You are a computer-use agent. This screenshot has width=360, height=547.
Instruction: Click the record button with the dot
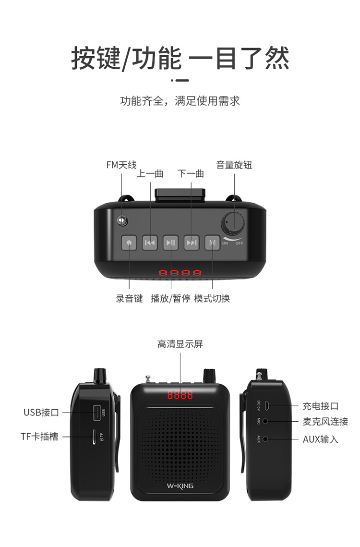point(129,243)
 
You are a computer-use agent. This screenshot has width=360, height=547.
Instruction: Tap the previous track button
point(150,243)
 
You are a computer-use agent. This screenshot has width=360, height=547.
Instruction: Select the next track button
point(192,243)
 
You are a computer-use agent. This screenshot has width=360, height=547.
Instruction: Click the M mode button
point(213,243)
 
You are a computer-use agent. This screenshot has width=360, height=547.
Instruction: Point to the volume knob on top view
point(232,222)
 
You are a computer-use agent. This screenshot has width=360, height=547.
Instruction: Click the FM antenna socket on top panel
point(122,220)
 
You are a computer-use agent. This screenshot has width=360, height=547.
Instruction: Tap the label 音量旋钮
point(234,165)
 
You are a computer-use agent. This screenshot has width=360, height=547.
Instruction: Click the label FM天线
point(121,165)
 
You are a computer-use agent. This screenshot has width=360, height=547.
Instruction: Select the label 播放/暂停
point(170,298)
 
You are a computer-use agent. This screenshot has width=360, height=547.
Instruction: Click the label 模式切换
point(212,298)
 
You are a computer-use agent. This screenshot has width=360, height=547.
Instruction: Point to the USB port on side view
point(97,413)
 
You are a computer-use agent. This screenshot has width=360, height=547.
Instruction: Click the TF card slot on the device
point(94,437)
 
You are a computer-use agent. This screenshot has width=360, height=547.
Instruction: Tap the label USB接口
point(41,413)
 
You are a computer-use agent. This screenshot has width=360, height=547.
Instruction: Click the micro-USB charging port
point(266,406)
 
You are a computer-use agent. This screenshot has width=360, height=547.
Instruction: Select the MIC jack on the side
point(265,421)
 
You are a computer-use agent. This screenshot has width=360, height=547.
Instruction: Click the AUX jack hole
point(265,439)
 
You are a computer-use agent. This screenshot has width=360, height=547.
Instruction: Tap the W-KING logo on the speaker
point(180,486)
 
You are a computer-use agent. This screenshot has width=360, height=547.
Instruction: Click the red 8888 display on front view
point(180,395)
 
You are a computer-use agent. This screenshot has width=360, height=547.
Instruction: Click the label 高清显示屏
point(180,344)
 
